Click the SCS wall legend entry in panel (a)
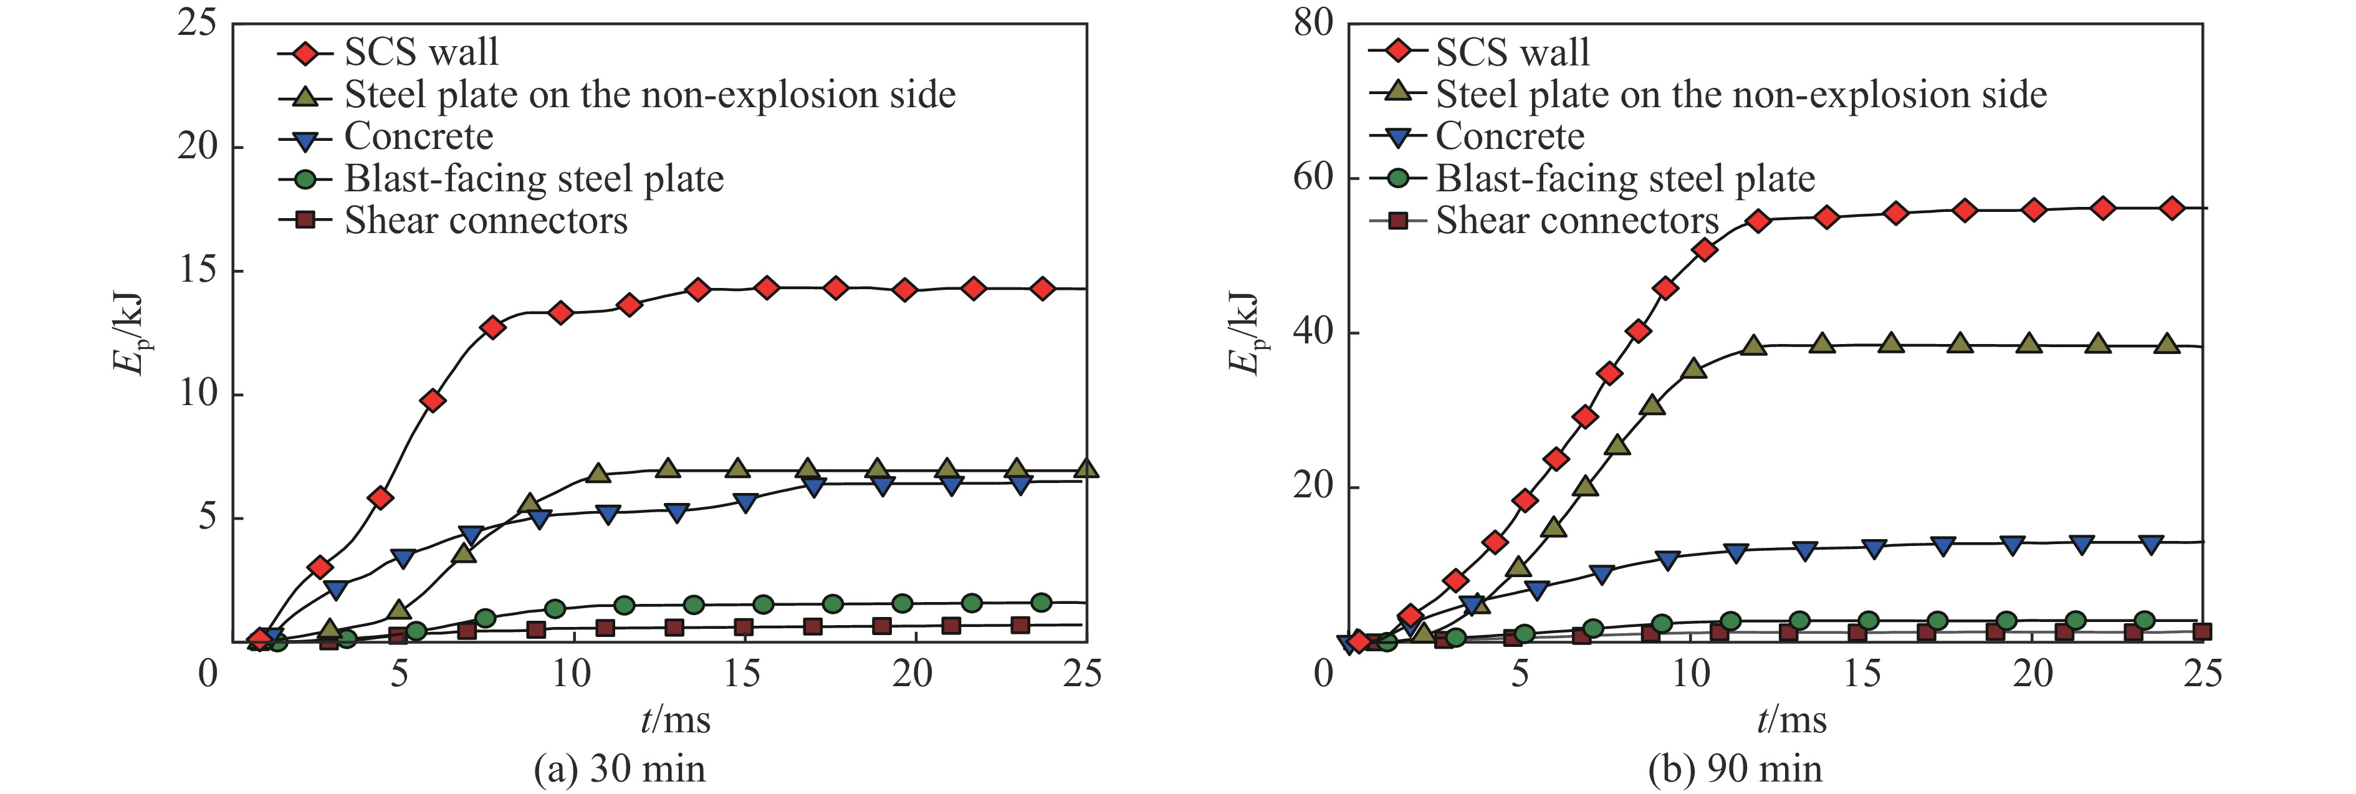pos(421,53)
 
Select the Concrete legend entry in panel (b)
pos(1509,137)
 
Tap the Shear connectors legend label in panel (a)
pos(486,221)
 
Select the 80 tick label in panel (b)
pos(1313,24)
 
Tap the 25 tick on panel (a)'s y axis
pos(196,24)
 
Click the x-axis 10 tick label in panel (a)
pos(572,675)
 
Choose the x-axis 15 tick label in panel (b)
pos(1861,675)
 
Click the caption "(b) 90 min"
pos(1735,769)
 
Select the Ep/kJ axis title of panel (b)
pos(1243,334)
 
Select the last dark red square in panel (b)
pos(2202,632)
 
